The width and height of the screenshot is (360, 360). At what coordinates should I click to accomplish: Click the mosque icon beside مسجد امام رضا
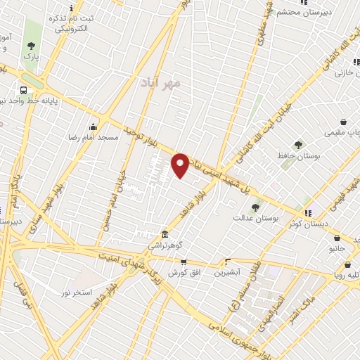pyautogui.click(x=93, y=127)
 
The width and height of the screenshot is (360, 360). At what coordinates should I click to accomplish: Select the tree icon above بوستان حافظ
pyautogui.click(x=299, y=144)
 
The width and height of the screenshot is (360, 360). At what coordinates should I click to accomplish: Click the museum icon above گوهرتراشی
pyautogui.click(x=164, y=233)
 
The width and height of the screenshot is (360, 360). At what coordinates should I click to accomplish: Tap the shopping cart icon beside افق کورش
pyautogui.click(x=184, y=262)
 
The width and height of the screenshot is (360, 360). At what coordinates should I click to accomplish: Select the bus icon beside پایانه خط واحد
pyautogui.click(x=24, y=90)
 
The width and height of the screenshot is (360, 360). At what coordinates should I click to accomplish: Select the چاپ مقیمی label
pyautogui.click(x=345, y=132)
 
